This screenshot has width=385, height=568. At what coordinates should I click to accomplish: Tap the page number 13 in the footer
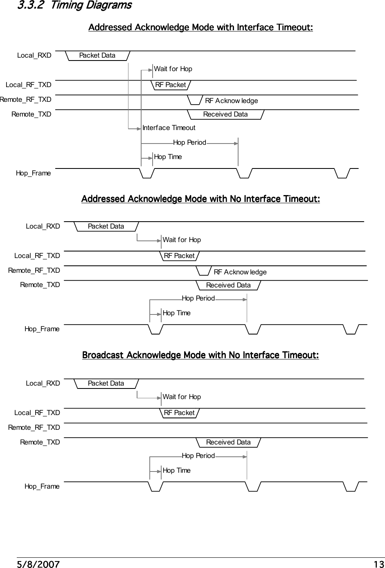(x=379, y=565)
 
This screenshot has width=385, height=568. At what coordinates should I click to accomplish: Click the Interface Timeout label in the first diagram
(x=169, y=128)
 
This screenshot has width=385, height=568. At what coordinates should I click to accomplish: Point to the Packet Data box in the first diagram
(x=97, y=56)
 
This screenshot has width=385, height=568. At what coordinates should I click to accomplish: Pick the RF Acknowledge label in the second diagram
(x=240, y=272)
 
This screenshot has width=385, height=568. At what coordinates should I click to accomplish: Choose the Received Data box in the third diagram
(x=228, y=442)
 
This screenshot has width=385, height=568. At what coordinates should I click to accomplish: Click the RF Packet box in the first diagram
(x=171, y=85)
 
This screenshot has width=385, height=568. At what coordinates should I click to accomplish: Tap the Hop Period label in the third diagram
(x=198, y=456)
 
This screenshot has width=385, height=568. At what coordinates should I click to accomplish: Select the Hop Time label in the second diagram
(x=176, y=313)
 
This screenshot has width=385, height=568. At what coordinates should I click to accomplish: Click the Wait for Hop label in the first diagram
(x=173, y=69)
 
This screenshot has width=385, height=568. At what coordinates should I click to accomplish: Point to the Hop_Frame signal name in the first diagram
(x=34, y=173)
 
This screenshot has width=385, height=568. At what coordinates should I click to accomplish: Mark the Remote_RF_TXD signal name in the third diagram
(x=34, y=428)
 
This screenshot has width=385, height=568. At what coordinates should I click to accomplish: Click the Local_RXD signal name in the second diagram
(x=43, y=227)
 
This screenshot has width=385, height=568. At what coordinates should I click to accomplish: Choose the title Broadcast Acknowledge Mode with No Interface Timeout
(x=200, y=355)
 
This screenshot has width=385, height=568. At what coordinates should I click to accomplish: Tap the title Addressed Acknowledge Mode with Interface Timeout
(x=200, y=28)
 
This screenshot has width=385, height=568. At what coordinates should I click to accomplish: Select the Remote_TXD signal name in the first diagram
(x=32, y=114)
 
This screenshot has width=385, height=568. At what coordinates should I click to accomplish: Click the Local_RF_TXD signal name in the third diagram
(x=37, y=413)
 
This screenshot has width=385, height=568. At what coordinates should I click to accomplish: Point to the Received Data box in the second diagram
(x=228, y=285)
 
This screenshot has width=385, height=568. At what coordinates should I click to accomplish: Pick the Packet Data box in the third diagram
(x=106, y=384)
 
